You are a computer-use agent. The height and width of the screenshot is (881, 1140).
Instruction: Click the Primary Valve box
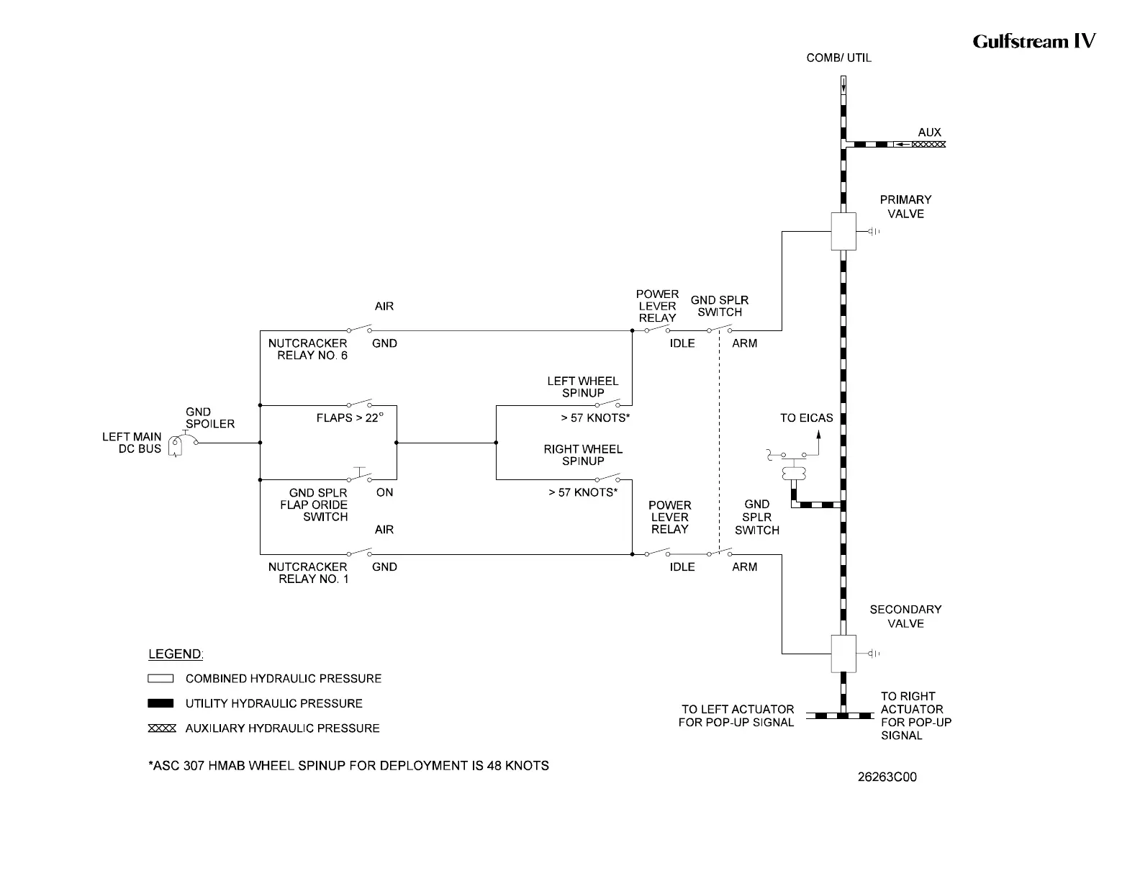[x=843, y=231]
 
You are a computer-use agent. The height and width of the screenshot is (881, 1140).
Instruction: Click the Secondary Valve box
[x=843, y=654]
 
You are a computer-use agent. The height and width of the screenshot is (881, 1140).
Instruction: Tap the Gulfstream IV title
[x=1033, y=41]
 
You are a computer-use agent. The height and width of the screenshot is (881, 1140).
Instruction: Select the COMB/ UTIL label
[x=838, y=58]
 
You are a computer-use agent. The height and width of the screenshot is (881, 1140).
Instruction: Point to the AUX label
[x=929, y=132]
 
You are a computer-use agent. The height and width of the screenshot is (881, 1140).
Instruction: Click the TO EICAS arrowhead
[x=818, y=434]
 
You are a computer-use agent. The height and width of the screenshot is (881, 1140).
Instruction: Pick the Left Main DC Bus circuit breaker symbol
[x=176, y=446]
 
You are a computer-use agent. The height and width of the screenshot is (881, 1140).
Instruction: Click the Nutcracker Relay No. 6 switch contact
[x=359, y=330]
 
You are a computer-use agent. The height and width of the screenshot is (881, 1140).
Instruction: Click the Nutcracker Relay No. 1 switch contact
[x=359, y=553]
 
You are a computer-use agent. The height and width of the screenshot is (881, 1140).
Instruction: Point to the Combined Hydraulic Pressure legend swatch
[x=160, y=679]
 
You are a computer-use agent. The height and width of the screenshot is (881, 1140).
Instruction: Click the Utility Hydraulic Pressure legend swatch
[x=160, y=703]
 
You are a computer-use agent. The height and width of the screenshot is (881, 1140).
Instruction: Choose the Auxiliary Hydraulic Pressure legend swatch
[x=161, y=728]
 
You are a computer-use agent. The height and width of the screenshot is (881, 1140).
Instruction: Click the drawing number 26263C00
[x=887, y=777]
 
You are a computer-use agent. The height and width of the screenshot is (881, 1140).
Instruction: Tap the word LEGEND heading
[x=176, y=654]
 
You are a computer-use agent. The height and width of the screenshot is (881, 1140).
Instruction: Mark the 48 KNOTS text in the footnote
[x=517, y=766]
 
